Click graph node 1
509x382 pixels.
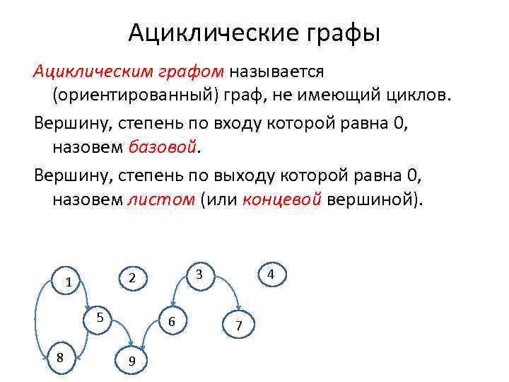[x=69, y=283]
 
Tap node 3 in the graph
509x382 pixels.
[x=200, y=274]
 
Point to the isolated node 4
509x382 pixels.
[x=271, y=274]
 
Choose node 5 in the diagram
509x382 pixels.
[x=100, y=317]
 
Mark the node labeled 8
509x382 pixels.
[x=60, y=357]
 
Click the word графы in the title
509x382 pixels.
[x=339, y=33]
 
